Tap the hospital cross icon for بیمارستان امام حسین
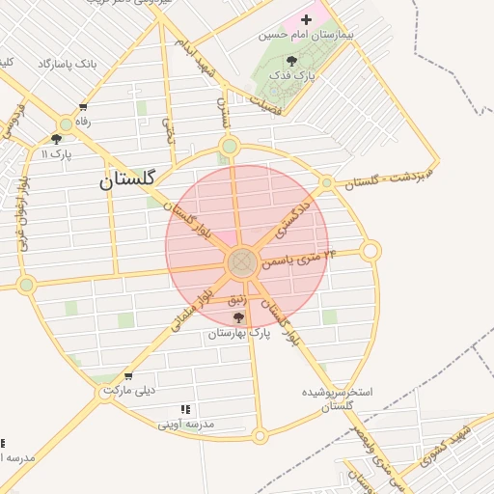(307, 19)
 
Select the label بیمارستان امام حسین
(307, 35)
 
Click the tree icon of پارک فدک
(291, 61)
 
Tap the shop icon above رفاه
(84, 107)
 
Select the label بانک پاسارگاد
(68, 64)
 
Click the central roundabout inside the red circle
(241, 262)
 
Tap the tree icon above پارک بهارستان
(238, 316)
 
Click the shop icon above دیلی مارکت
(128, 376)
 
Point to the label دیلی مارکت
(128, 391)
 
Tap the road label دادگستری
(293, 220)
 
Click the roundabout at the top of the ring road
(229, 148)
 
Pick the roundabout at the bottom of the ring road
(260, 436)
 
